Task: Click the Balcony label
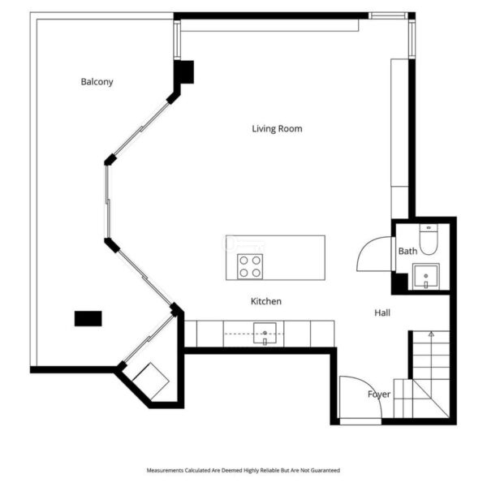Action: (97, 82)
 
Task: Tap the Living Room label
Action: (277, 128)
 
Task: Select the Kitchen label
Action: (266, 301)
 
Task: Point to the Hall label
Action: (382, 312)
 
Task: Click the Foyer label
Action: (379, 394)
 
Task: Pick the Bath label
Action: (407, 251)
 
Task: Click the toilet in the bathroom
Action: (429, 239)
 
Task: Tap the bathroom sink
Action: (426, 277)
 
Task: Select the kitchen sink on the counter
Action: (265, 333)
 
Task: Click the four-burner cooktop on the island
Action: (250, 266)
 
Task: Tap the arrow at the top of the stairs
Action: (431, 334)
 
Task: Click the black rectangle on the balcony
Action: (88, 318)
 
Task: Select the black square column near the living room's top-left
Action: (184, 72)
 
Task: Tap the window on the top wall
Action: (388, 15)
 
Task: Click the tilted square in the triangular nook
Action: (151, 381)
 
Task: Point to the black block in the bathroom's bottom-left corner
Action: (399, 282)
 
